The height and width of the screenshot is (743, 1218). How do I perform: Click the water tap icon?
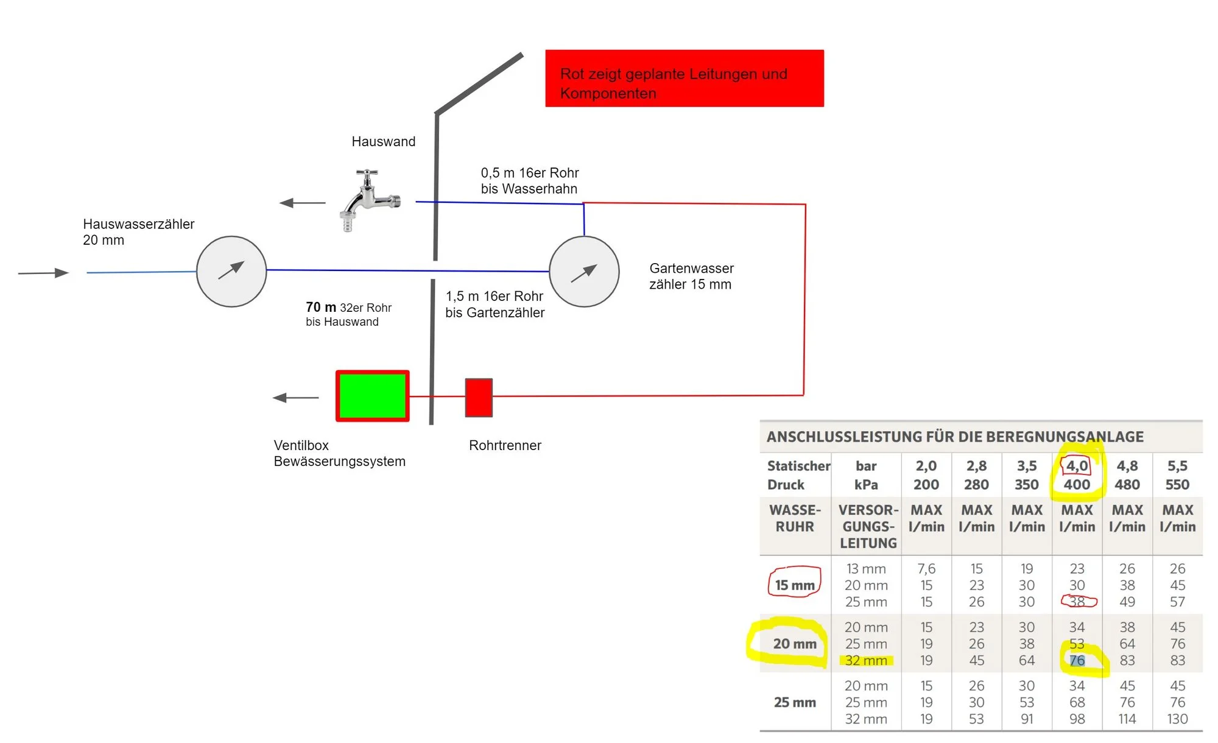pyautogui.click(x=368, y=200)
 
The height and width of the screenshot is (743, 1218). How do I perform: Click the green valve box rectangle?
pyautogui.click(x=372, y=396)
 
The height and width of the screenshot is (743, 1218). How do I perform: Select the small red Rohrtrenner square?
pyautogui.click(x=479, y=398)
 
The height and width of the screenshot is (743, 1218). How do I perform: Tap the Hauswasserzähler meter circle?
pyautogui.click(x=231, y=272)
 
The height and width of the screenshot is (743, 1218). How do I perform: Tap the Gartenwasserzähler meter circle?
pyautogui.click(x=584, y=272)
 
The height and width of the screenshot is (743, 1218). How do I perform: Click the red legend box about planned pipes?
pyautogui.click(x=684, y=79)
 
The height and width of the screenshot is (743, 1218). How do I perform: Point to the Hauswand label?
pyautogui.click(x=383, y=142)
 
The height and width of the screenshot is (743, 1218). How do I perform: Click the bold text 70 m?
pyautogui.click(x=321, y=308)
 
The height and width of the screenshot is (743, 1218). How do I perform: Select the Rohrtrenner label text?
pyautogui.click(x=505, y=445)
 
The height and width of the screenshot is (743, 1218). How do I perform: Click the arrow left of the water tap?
pyautogui.click(x=302, y=203)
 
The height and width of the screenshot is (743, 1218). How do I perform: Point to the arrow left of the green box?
pyautogui.click(x=295, y=398)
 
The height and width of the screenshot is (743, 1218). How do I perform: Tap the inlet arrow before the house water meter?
pyautogui.click(x=43, y=273)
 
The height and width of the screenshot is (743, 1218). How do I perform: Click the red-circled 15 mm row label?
pyautogui.click(x=795, y=585)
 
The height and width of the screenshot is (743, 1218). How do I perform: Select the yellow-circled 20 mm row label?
pyautogui.click(x=795, y=644)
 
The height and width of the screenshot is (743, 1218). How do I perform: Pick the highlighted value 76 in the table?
pyautogui.click(x=1077, y=660)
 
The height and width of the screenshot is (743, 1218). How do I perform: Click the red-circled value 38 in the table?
pyautogui.click(x=1077, y=602)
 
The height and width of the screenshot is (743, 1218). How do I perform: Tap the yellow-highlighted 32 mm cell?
pyautogui.click(x=866, y=660)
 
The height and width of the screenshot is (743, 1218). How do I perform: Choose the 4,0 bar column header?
pyautogui.click(x=1077, y=467)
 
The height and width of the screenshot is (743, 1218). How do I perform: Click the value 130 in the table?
pyautogui.click(x=1177, y=719)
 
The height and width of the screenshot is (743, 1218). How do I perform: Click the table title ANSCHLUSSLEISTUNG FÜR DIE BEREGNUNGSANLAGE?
pyautogui.click(x=955, y=437)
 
